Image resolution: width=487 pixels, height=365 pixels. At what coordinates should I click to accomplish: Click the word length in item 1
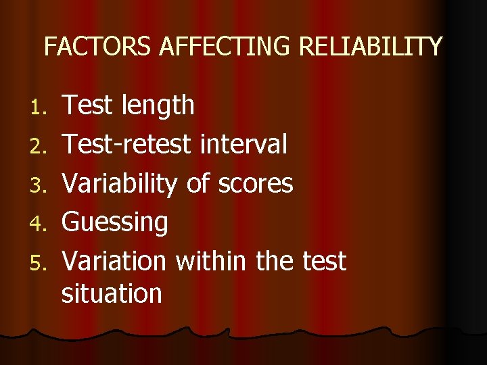click(x=158, y=105)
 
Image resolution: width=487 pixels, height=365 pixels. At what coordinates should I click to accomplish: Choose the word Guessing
click(x=115, y=222)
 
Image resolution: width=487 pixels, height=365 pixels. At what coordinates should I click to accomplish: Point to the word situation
click(x=112, y=293)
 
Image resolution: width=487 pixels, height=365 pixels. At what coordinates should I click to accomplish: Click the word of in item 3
click(x=198, y=183)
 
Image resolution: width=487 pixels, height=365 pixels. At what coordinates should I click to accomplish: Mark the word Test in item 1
click(x=89, y=105)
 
